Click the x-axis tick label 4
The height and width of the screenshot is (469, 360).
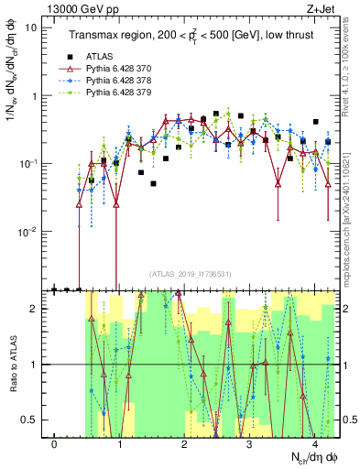click(x=314, y=444)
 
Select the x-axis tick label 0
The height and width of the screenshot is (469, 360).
click(x=55, y=444)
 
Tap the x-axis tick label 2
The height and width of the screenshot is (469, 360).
click(x=185, y=444)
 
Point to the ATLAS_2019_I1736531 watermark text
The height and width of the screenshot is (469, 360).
click(x=190, y=274)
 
